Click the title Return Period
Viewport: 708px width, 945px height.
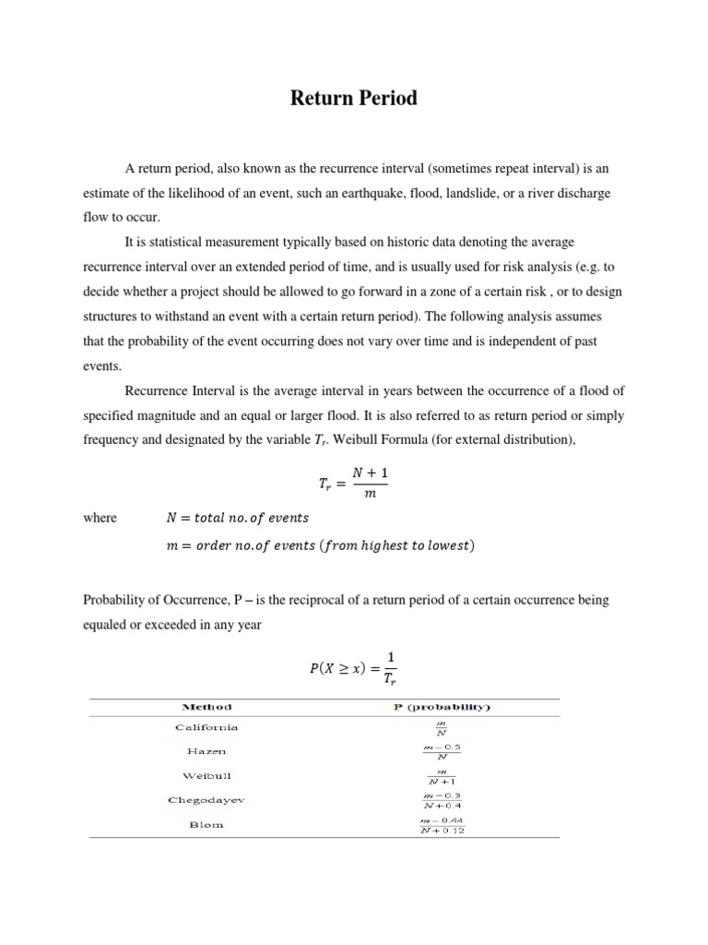pos(354,98)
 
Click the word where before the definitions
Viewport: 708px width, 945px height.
pos(100,518)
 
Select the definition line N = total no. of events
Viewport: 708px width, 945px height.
pos(237,518)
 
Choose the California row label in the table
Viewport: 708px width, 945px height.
pos(206,727)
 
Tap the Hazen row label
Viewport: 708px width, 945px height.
pos(206,751)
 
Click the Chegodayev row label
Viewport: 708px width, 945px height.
pos(206,799)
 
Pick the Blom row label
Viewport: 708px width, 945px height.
pos(206,824)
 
